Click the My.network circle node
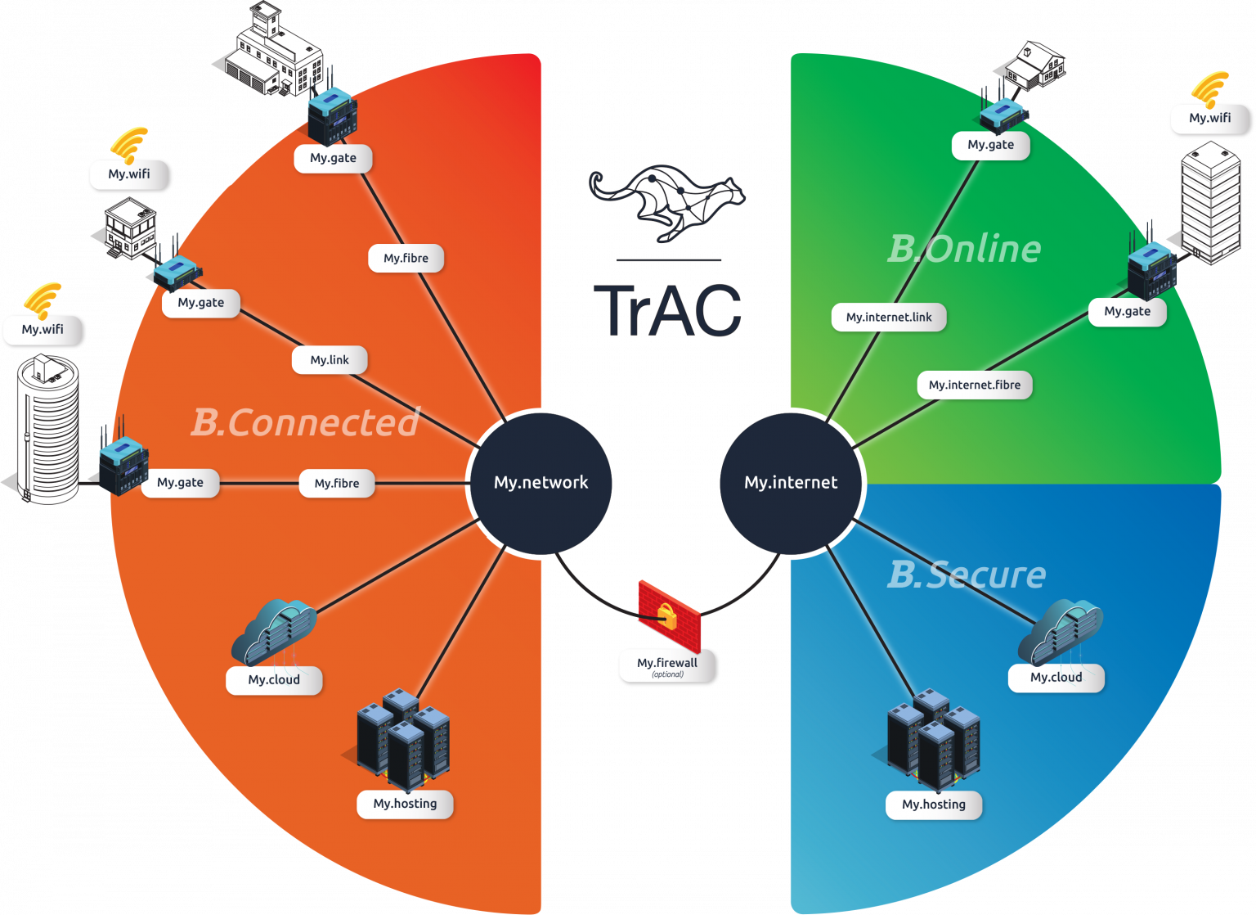point(541,483)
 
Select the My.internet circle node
point(791,483)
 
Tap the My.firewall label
point(667,665)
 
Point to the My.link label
point(330,360)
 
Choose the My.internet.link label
point(889,318)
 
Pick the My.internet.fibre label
point(975,385)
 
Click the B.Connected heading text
point(305,423)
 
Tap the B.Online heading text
point(964,249)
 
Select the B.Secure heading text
point(967,575)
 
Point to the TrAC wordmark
point(667,311)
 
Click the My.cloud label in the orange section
point(274,680)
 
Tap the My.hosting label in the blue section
point(934,805)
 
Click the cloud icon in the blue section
point(1061,631)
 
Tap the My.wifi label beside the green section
point(1210,118)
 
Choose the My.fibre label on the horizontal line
point(337,484)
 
